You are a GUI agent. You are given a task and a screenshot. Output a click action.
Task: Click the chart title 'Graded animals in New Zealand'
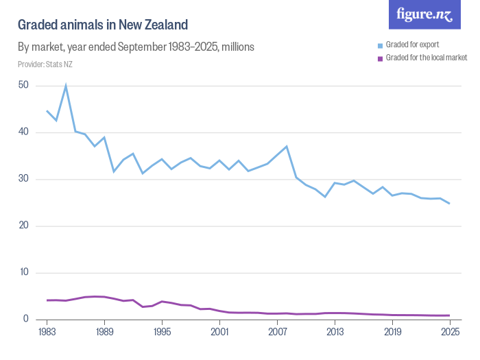[102, 25]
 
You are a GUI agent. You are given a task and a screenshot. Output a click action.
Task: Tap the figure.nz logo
[424, 14]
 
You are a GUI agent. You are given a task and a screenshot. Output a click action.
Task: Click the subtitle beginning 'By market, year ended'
[136, 47]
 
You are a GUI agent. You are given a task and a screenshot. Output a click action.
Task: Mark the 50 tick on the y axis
[23, 86]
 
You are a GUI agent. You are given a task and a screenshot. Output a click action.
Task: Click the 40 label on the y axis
[23, 132]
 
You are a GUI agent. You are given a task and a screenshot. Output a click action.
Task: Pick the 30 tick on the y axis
[23, 179]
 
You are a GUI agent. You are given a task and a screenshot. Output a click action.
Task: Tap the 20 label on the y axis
[23, 226]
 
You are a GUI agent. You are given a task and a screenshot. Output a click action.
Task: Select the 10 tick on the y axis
[23, 272]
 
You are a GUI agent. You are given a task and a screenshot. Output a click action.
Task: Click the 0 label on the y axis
[25, 319]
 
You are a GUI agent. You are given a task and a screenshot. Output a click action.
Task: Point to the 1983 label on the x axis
[47, 332]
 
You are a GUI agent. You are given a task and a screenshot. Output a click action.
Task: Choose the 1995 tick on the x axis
[162, 332]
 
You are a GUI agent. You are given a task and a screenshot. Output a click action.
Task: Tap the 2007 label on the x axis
[277, 332]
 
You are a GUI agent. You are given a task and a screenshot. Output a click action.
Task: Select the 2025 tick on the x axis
[449, 332]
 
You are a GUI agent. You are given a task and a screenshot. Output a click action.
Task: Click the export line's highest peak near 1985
[66, 86]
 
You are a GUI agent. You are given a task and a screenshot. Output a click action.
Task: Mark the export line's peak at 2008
[287, 146]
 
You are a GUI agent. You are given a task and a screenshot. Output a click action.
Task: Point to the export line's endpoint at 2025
[449, 203]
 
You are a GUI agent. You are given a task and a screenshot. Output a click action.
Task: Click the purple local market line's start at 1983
[47, 300]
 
